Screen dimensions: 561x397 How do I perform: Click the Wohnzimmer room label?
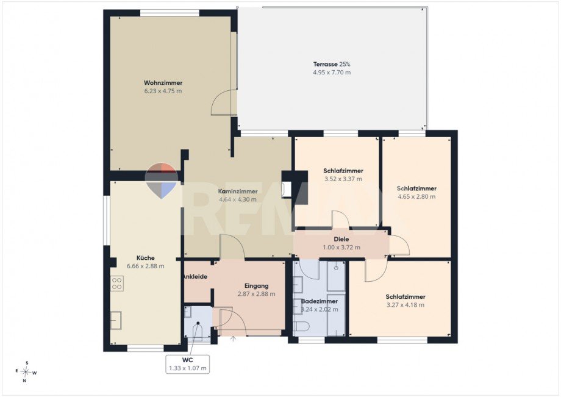[163, 83]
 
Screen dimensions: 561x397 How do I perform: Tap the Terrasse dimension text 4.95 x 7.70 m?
[332, 72]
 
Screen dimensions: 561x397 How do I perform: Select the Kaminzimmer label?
[238, 191]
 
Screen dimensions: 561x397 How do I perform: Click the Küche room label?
[146, 258]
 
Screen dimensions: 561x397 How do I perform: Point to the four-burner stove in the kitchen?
[117, 283]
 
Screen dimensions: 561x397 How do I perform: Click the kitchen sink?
[116, 320]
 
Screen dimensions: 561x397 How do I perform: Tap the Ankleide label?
[195, 276]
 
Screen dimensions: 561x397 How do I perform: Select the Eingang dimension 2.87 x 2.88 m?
[257, 294]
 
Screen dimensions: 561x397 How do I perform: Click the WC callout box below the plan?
[187, 365]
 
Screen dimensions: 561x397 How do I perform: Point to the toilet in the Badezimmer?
[301, 326]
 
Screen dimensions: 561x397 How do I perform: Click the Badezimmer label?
[319, 301]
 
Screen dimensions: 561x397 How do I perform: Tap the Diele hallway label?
[341, 239]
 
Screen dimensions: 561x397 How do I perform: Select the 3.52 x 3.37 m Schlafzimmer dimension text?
[343, 179]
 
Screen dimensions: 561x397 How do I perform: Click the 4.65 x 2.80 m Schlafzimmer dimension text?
[416, 196]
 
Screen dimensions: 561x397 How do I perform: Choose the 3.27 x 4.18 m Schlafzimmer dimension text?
[406, 305]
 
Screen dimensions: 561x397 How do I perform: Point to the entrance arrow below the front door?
[234, 338]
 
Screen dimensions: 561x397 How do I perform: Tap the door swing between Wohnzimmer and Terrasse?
[224, 102]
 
